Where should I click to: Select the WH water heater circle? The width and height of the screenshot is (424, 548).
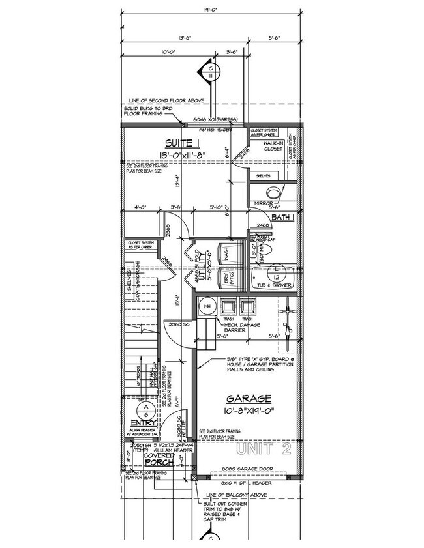pyautogui.click(x=207, y=305)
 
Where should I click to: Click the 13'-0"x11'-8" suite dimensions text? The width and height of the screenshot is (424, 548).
pyautogui.click(x=180, y=155)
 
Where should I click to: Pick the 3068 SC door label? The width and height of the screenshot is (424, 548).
pyautogui.click(x=177, y=323)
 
